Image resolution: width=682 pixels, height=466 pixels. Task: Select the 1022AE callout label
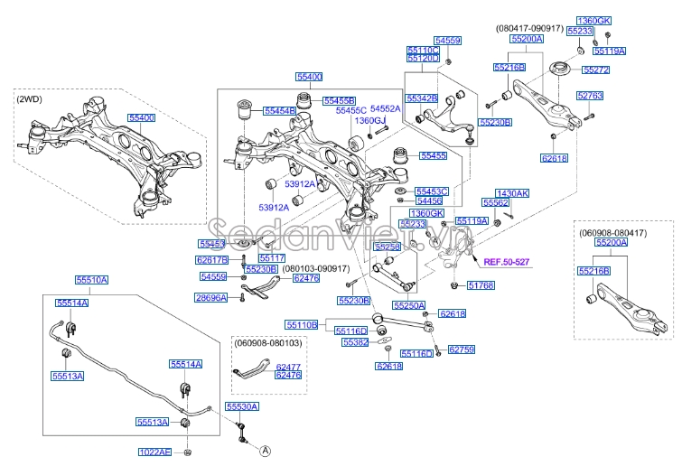tap(154, 452)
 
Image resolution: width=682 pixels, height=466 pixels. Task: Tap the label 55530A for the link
tap(241, 407)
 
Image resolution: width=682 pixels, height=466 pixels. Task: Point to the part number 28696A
tap(211, 297)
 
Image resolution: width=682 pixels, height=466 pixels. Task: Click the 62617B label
tap(212, 260)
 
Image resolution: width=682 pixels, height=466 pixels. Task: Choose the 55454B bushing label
tap(279, 110)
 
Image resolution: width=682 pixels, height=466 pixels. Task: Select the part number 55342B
tap(422, 98)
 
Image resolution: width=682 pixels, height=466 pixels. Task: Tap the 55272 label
tap(596, 70)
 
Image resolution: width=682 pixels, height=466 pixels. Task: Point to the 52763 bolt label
tap(590, 95)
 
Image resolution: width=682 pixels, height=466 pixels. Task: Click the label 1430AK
tap(513, 193)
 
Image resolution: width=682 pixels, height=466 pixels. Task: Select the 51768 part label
tap(481, 285)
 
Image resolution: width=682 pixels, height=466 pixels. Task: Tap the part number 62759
tap(461, 348)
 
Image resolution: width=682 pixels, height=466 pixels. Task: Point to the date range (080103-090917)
tap(315, 269)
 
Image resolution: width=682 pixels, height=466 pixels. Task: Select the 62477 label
tap(288, 367)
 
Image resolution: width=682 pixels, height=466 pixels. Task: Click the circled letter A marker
tap(266, 449)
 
